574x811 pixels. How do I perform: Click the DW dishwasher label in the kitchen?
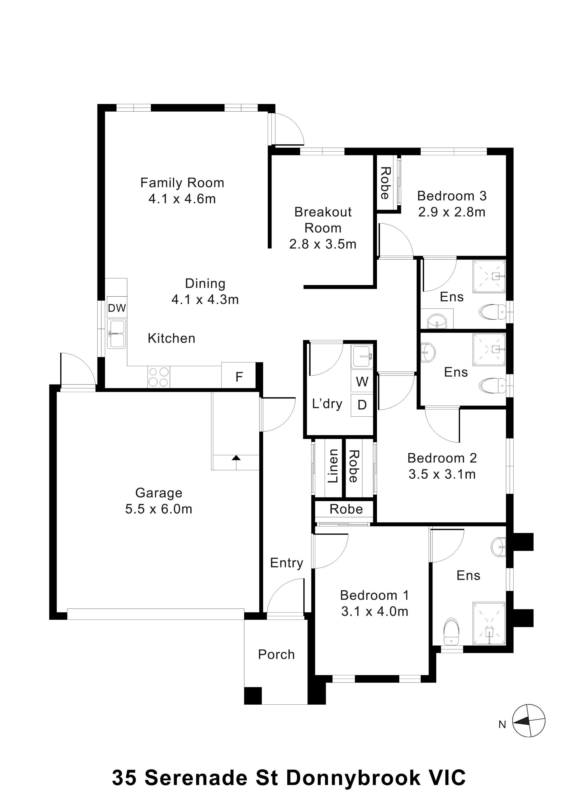pos(117,308)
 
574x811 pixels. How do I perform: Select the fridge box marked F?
pos(239,377)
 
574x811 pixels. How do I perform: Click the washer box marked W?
pos(362,382)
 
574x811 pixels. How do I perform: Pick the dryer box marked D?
pos(362,405)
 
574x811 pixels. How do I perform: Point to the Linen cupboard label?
pos(333,466)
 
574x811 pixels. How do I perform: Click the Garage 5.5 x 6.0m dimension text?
pos(159,509)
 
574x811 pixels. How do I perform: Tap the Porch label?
pos(276,655)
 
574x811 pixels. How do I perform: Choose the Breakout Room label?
pos(323,220)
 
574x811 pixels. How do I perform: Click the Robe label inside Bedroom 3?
pos(385,183)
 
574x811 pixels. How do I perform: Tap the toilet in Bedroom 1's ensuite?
pos(451,632)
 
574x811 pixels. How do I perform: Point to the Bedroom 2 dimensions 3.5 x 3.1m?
pos(442,474)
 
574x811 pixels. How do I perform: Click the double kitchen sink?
pos(117,334)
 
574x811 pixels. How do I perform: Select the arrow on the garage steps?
pos(236,458)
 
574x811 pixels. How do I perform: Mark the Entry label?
pos(286,563)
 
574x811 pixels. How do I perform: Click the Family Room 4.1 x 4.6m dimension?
pos(182,199)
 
